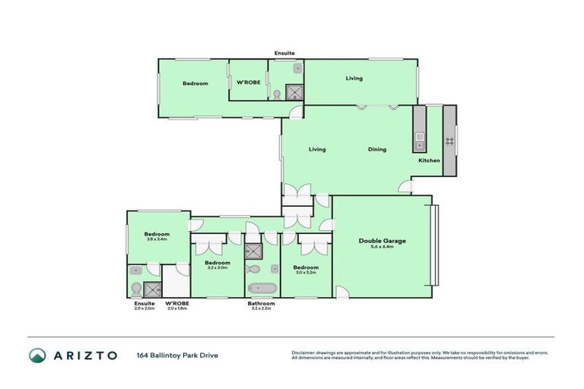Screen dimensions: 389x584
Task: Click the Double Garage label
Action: [x=382, y=241]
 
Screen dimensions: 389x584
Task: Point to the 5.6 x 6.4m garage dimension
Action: [x=382, y=247]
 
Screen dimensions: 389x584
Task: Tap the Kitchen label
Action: [x=429, y=160]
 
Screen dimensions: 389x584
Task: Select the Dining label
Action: [x=377, y=149]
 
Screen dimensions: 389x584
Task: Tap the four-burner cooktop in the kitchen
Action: [x=449, y=140]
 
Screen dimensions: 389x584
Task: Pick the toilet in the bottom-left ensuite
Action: [x=135, y=289]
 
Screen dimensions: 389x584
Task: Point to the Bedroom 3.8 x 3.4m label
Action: [x=157, y=236]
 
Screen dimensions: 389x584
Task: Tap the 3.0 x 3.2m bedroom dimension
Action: [x=306, y=273]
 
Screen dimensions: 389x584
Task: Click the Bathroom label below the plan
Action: [x=261, y=303]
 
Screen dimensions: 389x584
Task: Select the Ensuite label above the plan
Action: [x=285, y=52]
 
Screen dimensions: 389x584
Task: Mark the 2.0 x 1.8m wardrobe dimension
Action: [x=177, y=308]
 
